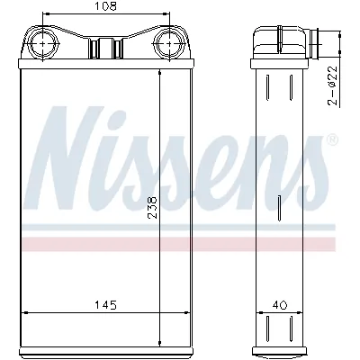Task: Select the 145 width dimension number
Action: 106,305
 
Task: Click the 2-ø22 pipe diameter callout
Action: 331,86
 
